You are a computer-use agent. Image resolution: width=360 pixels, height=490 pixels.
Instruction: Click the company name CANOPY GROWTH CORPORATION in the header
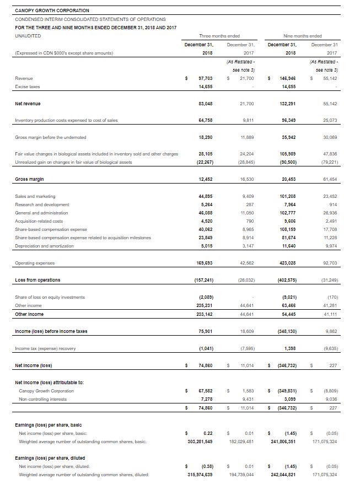click(52, 10)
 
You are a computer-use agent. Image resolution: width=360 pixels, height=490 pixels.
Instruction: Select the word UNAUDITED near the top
click(28, 35)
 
